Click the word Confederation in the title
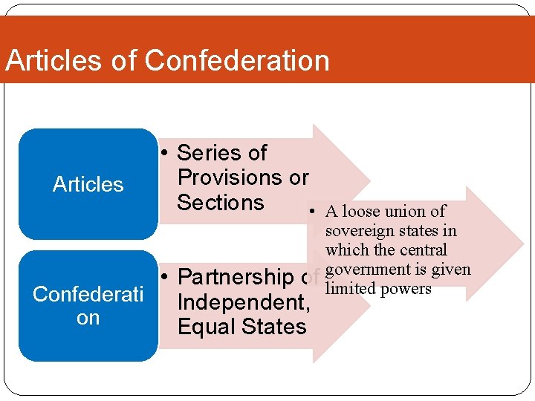point(238,60)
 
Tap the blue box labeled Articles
point(88,184)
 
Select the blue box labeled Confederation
point(88,305)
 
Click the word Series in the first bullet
point(210,153)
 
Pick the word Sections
point(220,202)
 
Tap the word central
point(423,250)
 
